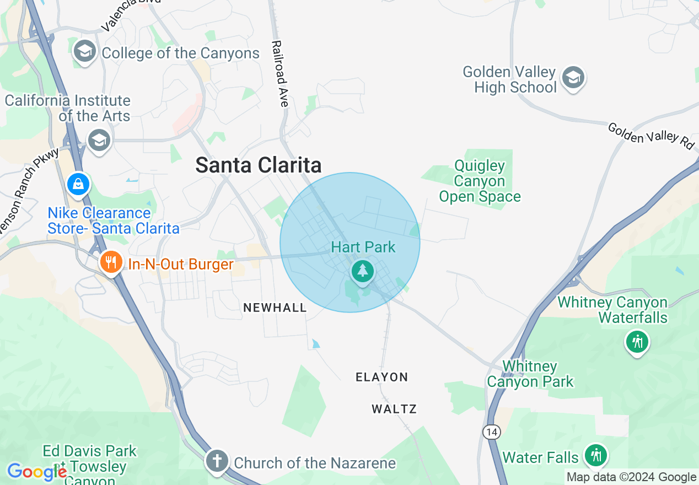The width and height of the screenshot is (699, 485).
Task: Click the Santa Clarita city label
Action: tap(259, 165)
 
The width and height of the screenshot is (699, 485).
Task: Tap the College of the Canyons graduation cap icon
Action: tap(84, 52)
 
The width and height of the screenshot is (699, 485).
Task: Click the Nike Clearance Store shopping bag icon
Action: tap(78, 184)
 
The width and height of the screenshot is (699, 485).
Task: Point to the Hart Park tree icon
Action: tap(362, 271)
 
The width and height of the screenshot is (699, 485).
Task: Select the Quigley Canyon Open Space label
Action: tap(480, 181)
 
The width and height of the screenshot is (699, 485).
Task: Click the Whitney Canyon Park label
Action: tap(530, 374)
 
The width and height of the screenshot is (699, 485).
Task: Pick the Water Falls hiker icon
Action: tap(595, 455)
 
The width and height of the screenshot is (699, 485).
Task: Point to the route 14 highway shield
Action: tap(491, 432)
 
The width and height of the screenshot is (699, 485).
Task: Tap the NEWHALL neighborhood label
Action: tap(275, 308)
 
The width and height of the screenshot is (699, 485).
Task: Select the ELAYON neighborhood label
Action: tap(381, 377)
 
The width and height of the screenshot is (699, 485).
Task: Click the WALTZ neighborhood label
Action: tap(394, 409)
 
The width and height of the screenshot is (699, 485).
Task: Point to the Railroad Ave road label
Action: tap(280, 73)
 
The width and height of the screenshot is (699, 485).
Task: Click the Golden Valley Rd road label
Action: tap(650, 136)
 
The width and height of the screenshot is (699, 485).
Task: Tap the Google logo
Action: tap(37, 472)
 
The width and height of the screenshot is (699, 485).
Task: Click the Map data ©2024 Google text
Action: tap(631, 477)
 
